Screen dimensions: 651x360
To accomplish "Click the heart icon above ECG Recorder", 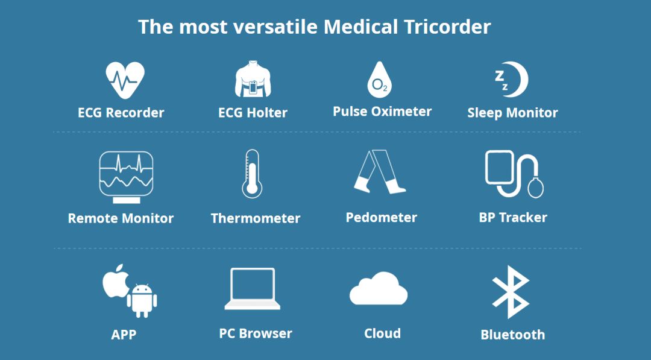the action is click(x=125, y=80).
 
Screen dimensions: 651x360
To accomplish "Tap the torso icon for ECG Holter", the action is click(x=253, y=79).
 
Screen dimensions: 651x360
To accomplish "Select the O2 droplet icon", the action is click(x=380, y=80).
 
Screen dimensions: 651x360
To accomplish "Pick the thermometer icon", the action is click(x=252, y=174).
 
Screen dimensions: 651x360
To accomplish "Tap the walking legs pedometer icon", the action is click(x=380, y=171).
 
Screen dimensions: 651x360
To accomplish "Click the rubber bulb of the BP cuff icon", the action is click(x=536, y=188).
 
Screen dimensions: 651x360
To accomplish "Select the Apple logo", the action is click(x=115, y=281).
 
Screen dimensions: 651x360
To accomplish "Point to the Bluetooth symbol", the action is click(x=511, y=292).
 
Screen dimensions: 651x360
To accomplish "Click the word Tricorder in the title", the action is click(x=447, y=27).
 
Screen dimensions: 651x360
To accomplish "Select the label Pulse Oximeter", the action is click(x=382, y=112).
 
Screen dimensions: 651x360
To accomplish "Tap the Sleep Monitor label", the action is click(x=513, y=113).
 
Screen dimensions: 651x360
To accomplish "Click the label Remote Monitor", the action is click(x=121, y=218).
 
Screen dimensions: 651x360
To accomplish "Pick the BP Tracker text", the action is click(x=513, y=217).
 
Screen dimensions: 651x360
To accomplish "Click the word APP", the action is click(x=124, y=334).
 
